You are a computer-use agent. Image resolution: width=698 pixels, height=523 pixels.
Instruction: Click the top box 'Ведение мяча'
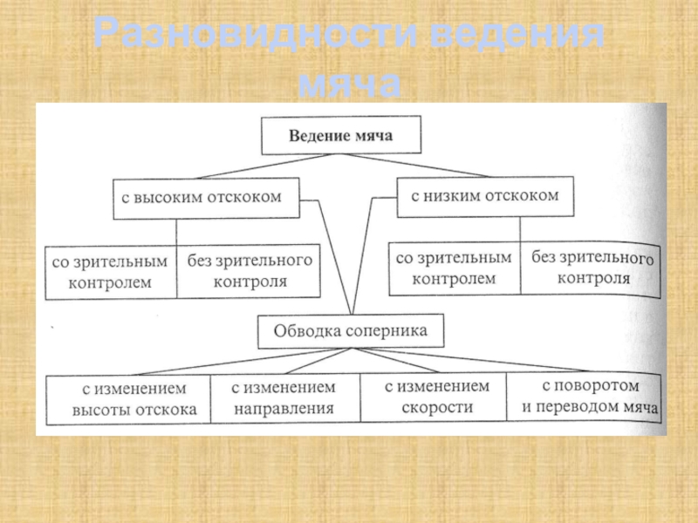tap(341, 136)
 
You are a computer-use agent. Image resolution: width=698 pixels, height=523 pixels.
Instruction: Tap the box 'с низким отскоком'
tap(484, 196)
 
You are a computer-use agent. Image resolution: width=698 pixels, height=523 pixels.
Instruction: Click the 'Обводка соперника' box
tap(351, 331)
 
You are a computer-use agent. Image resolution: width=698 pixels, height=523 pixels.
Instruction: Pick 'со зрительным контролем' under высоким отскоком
tap(111, 271)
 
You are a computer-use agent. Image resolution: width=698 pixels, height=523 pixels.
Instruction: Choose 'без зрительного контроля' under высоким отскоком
tap(250, 271)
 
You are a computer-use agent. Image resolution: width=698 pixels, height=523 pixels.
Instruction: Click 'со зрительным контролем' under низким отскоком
tap(454, 268)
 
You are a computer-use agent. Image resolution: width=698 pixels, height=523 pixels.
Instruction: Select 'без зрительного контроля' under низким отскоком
tap(592, 268)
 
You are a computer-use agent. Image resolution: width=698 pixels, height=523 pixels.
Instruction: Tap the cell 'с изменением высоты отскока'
tap(129, 398)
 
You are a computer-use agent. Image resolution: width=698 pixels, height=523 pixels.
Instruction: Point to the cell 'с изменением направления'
tap(284, 397)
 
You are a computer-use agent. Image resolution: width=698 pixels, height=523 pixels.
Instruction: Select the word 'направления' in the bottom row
tap(284, 407)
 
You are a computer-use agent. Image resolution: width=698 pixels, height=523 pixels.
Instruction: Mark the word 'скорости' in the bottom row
tap(438, 406)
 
